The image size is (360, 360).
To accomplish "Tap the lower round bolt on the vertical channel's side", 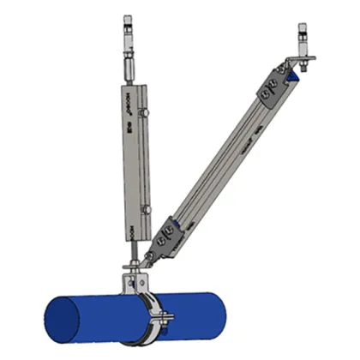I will (147, 208).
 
